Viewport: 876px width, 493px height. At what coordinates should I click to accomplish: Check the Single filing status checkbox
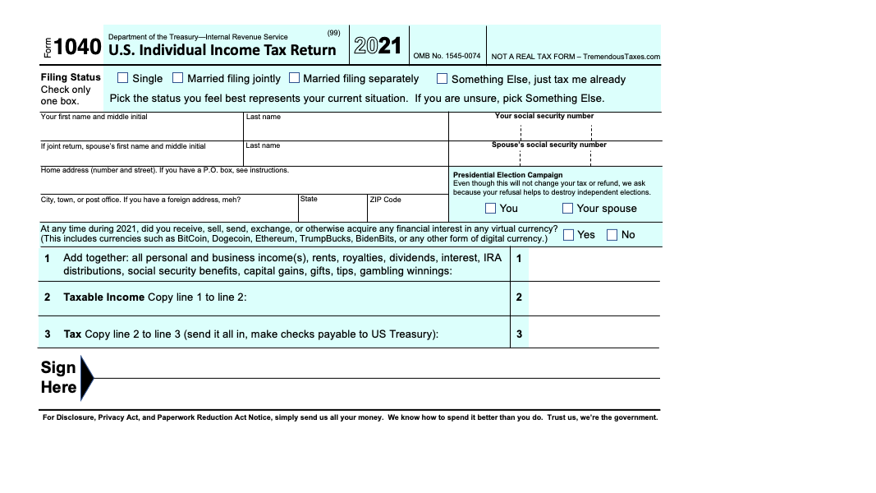pos(123,79)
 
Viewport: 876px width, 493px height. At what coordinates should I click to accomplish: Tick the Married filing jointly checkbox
pos(178,79)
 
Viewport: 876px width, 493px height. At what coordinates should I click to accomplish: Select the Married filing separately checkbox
pos(295,79)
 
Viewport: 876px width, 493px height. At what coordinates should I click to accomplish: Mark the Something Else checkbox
pos(443,79)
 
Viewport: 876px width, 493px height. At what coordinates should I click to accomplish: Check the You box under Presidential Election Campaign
pos(491,208)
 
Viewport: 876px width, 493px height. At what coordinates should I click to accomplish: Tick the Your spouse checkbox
pos(568,208)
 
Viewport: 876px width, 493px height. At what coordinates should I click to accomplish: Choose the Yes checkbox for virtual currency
pos(569,235)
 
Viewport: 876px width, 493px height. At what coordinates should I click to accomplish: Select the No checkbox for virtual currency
pos(612,235)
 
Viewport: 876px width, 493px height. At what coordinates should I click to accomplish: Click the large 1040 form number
pos(78,48)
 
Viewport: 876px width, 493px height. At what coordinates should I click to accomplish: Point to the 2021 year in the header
pos(378,46)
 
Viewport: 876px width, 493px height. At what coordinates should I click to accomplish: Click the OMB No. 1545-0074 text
pos(447,57)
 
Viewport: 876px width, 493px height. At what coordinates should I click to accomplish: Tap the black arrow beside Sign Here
pos(87,378)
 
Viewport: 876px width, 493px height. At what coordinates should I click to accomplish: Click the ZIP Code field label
pos(385,200)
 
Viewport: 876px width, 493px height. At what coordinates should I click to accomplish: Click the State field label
pos(309,199)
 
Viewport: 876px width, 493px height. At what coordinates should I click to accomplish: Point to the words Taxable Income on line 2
pos(104,297)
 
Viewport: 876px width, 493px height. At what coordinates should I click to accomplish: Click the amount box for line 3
pos(594,334)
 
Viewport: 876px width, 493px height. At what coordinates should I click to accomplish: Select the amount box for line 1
pos(594,264)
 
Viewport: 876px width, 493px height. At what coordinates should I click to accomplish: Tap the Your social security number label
pos(544,116)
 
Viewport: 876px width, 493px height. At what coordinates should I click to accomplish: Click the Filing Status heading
pos(71,77)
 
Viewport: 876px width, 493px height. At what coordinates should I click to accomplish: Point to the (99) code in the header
pos(333,33)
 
